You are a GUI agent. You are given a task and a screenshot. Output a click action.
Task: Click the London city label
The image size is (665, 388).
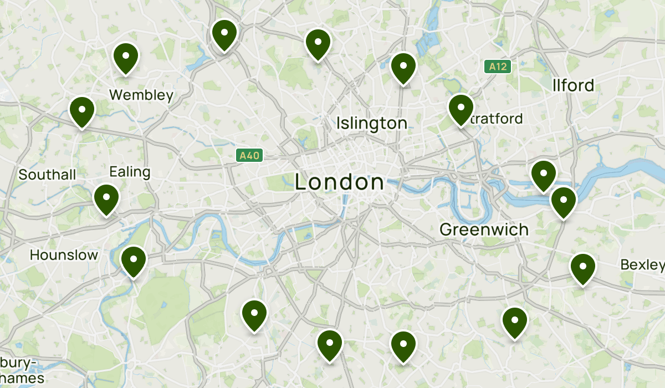(339, 182)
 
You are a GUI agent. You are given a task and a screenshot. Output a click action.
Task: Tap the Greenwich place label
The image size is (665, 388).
(484, 229)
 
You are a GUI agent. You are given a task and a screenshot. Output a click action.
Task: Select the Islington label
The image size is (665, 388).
(372, 123)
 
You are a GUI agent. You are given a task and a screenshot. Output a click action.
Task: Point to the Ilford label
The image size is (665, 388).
(573, 85)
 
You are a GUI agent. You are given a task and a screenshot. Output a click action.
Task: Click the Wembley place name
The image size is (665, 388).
(141, 95)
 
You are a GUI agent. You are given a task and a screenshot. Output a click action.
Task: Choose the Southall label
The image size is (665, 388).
(47, 175)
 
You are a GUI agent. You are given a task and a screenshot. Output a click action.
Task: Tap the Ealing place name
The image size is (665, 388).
(130, 172)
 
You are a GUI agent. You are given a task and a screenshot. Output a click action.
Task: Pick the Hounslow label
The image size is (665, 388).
(64, 255)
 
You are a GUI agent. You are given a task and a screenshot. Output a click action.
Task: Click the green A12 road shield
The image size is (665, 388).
(497, 67)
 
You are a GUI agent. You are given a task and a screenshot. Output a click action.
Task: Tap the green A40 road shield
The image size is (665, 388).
(249, 156)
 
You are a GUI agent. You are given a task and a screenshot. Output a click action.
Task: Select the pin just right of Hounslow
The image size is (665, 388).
(134, 261)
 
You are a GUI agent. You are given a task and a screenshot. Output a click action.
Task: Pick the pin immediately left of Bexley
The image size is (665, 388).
(582, 268)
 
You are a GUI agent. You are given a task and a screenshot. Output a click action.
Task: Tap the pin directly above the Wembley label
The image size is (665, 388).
(126, 58)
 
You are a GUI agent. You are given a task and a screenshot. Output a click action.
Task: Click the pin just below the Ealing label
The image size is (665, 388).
(106, 199)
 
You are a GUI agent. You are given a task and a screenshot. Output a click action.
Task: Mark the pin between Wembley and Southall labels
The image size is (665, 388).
(82, 111)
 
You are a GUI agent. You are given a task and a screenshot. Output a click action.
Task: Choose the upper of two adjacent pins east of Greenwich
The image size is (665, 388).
(543, 175)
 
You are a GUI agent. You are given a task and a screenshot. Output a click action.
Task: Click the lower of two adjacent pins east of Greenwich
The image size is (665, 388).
(563, 202)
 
